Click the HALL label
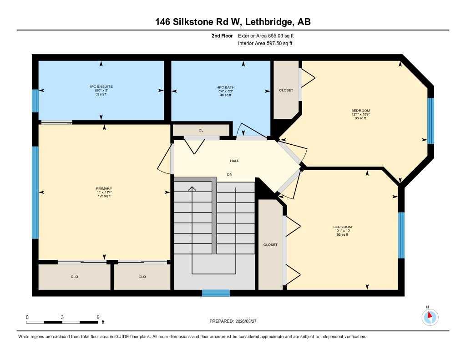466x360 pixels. pyautogui.click(x=234, y=161)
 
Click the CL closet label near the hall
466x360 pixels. pyautogui.click(x=201, y=130)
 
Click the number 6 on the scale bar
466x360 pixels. pyautogui.click(x=98, y=317)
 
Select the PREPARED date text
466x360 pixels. pyautogui.click(x=236, y=321)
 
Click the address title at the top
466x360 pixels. pyautogui.click(x=233, y=21)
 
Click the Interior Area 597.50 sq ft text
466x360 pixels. pyautogui.click(x=265, y=44)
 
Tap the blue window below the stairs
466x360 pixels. pyautogui.click(x=216, y=293)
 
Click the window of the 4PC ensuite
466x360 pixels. pyautogui.click(x=35, y=101)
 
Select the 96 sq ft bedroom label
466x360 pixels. pyautogui.click(x=360, y=114)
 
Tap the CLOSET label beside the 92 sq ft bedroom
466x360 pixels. pyautogui.click(x=270, y=245)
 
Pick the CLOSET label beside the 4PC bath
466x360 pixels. pyautogui.click(x=286, y=90)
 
